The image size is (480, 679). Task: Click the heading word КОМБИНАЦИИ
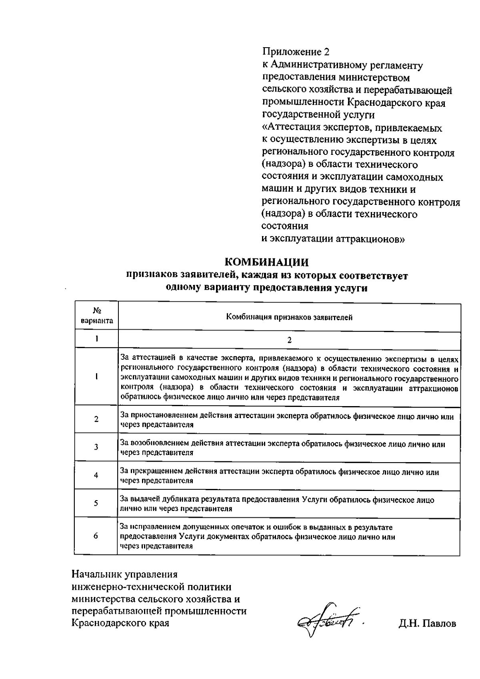click(x=267, y=262)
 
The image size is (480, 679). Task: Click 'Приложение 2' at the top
click(x=296, y=52)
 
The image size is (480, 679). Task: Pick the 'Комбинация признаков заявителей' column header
click(x=289, y=318)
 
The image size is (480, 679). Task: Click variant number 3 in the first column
click(x=96, y=447)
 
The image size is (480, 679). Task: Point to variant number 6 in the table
click(x=96, y=536)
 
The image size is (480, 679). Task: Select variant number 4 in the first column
click(x=96, y=475)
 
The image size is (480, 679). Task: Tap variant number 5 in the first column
click(x=96, y=503)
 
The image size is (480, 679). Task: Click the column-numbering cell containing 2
click(x=289, y=340)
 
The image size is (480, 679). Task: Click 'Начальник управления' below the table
click(x=124, y=575)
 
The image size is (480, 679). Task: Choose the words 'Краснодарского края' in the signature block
click(x=120, y=623)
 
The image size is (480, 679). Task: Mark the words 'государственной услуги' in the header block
click(x=318, y=115)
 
